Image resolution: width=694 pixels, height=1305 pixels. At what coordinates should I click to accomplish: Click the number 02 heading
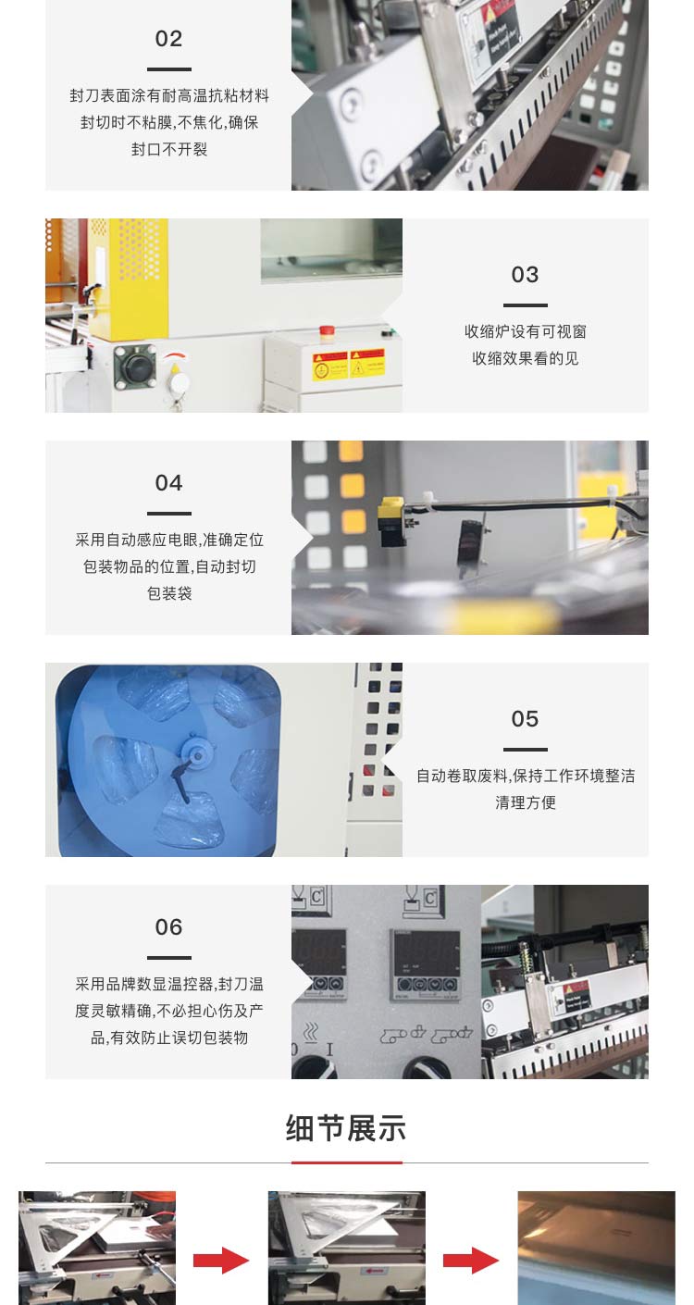[168, 39]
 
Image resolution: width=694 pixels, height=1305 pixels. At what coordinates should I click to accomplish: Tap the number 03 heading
[525, 275]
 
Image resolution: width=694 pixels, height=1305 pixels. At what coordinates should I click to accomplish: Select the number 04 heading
[168, 483]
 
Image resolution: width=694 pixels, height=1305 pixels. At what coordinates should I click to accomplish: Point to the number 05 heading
[525, 719]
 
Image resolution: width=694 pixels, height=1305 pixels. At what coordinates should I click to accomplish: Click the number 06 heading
[168, 927]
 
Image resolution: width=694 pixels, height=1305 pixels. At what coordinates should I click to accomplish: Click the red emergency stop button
[326, 329]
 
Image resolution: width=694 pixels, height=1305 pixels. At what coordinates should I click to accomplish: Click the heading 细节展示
[346, 1128]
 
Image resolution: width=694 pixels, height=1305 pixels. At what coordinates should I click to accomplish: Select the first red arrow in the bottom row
[221, 1260]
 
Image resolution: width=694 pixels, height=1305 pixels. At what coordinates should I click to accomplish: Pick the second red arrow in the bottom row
[471, 1260]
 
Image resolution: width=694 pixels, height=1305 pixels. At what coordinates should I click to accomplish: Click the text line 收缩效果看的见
[525, 358]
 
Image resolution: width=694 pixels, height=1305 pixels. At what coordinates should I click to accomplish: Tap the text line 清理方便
[525, 802]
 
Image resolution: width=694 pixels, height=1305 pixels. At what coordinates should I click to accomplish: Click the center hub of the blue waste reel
[195, 749]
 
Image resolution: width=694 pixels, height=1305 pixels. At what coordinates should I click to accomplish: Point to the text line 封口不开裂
[168, 149]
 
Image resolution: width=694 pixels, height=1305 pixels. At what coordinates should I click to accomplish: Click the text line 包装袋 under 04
[168, 593]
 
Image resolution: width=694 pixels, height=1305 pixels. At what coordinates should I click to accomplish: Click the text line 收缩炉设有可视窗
[525, 331]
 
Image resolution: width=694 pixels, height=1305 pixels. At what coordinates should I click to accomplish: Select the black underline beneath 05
[525, 750]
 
